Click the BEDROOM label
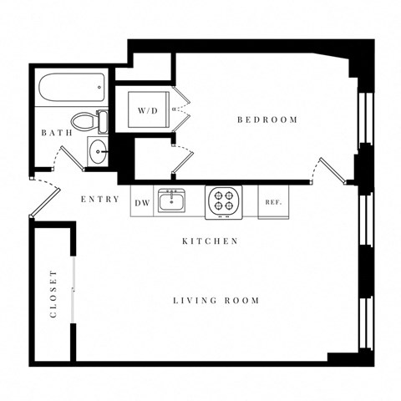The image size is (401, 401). (x=267, y=120)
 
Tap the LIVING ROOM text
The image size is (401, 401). (x=216, y=301)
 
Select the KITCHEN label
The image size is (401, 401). (x=211, y=241)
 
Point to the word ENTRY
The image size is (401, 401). (x=98, y=200)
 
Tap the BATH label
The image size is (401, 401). (x=55, y=133)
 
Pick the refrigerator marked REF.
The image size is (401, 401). (x=272, y=201)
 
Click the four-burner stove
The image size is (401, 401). (x=223, y=201)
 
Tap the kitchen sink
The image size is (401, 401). (x=174, y=201)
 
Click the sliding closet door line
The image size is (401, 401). (x=74, y=288)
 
